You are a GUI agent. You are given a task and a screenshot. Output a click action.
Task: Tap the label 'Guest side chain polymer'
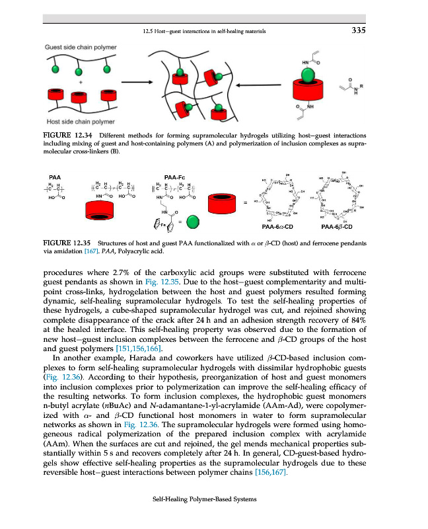tap(81, 47)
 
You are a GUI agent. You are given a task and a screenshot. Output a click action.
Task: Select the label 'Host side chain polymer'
tap(79, 122)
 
